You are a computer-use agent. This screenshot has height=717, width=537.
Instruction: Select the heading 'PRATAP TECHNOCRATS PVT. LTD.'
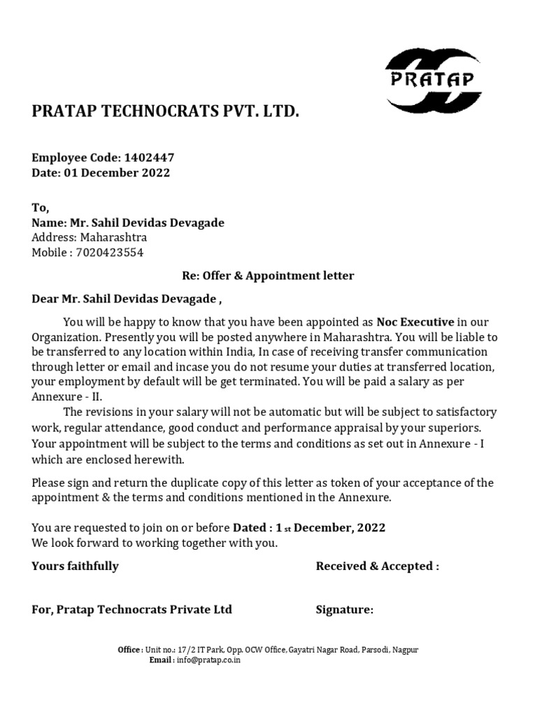pos(166,111)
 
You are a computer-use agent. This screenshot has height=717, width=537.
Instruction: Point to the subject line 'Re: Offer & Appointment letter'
pos(264,276)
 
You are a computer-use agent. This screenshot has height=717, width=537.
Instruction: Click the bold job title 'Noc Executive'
pos(415,321)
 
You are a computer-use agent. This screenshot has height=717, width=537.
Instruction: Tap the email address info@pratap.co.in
pos(208,660)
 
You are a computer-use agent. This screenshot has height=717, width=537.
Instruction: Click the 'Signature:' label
pos(345,610)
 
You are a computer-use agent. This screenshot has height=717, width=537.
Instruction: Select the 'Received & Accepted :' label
pos(378,566)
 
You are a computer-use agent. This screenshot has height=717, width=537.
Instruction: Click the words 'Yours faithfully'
pos(75,566)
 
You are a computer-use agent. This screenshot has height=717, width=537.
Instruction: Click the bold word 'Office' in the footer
pos(129,650)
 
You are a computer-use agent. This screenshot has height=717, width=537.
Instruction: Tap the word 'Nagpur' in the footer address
pos(405,650)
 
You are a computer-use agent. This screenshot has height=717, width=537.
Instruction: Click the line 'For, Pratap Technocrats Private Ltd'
pos(131,610)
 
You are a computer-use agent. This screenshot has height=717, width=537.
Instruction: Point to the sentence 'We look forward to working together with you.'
pos(155,543)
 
